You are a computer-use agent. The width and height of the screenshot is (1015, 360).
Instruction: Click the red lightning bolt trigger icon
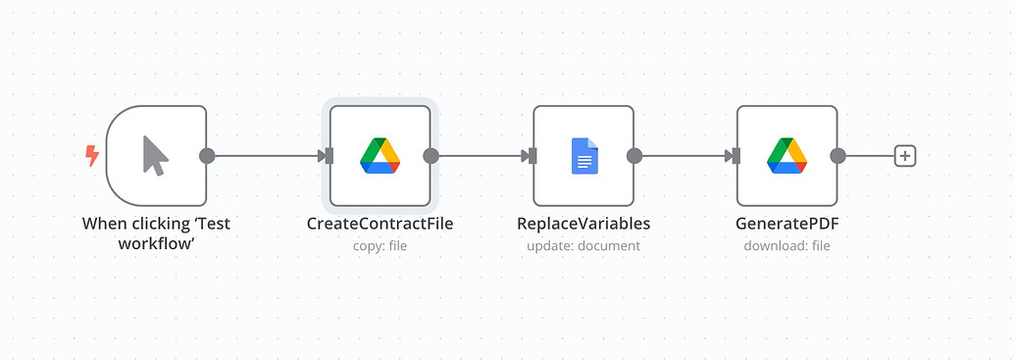(x=92, y=156)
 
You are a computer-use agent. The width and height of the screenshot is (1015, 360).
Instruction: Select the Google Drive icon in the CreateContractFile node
(x=380, y=156)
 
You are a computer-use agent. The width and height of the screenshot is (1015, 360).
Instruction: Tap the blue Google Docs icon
(x=584, y=156)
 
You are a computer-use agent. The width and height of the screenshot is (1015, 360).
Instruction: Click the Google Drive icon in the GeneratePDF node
(x=787, y=156)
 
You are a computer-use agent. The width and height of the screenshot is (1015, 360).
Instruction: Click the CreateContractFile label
(x=380, y=224)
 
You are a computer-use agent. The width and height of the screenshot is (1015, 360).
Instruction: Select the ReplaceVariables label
(x=584, y=224)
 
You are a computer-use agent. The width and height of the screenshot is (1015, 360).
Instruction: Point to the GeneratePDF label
(x=787, y=224)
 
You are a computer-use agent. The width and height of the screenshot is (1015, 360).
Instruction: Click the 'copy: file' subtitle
(x=380, y=246)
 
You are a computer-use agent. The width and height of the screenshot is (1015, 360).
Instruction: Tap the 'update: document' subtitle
(x=584, y=246)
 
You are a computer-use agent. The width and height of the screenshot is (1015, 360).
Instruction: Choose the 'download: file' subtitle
(x=787, y=246)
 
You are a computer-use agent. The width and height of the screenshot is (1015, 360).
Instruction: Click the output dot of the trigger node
(x=207, y=156)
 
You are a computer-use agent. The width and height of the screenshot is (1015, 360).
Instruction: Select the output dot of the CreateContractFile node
(x=431, y=156)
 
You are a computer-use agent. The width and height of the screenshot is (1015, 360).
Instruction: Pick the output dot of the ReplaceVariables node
(x=634, y=156)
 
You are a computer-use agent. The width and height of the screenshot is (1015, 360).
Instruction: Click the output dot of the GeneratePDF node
(x=837, y=156)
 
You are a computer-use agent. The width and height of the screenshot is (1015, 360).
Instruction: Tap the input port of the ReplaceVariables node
(x=533, y=156)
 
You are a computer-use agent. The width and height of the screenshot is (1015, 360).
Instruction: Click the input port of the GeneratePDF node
(x=736, y=156)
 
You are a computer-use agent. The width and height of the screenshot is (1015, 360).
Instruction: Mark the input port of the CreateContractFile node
(x=329, y=156)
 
